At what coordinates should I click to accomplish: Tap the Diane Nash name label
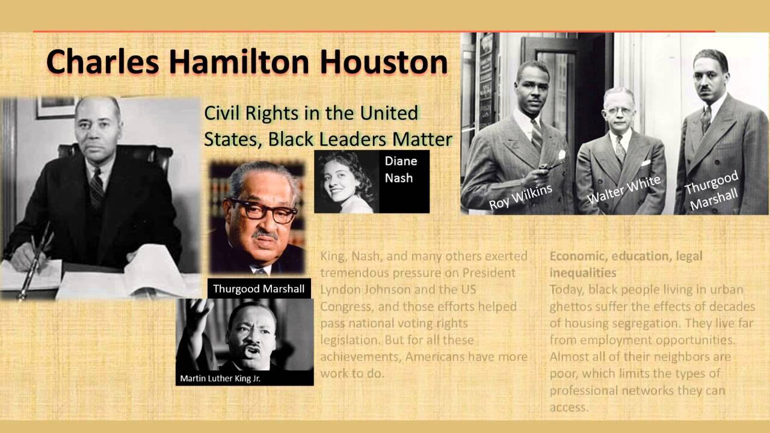(401, 170)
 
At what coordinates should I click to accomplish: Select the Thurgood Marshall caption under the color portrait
(259, 289)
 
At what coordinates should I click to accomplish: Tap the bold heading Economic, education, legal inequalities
(626, 264)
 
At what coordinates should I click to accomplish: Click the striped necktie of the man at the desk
(97, 188)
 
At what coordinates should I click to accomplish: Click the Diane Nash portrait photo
(346, 182)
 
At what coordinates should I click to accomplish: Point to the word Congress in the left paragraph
(346, 306)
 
